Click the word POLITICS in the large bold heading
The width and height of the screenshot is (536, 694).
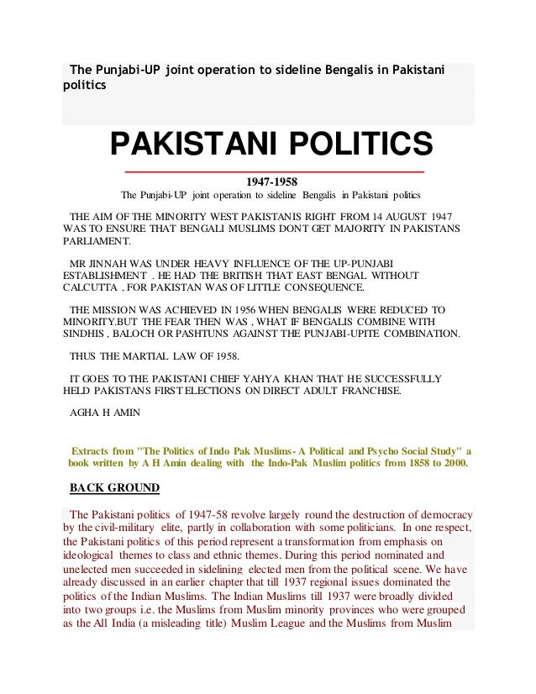click(x=360, y=144)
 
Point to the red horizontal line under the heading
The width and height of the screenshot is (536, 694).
click(x=274, y=171)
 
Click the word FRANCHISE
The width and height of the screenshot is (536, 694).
click(x=372, y=391)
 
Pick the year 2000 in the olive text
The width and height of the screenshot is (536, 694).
click(x=455, y=463)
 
